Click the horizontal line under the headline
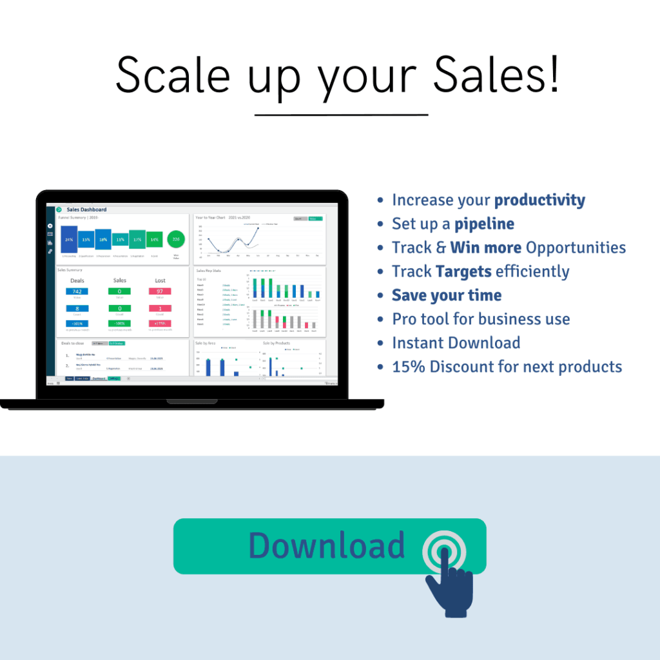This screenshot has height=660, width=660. click(x=341, y=115)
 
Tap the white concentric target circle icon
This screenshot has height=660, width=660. click(x=443, y=552)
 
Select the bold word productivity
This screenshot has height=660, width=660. click(x=539, y=200)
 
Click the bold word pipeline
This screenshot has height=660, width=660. click(x=484, y=224)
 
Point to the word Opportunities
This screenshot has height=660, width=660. click(x=576, y=247)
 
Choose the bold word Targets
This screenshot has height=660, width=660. click(x=464, y=271)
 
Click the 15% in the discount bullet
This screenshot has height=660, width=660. click(x=408, y=367)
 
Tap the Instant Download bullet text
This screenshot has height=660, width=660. click(x=456, y=343)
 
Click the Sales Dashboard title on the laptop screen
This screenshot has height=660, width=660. click(x=86, y=209)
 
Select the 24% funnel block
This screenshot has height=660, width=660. click(x=69, y=239)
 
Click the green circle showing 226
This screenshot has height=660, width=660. click(x=175, y=240)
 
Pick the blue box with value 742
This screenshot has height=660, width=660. click(x=77, y=291)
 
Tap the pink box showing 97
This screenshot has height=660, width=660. click(x=160, y=291)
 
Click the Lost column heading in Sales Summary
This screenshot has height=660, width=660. click(x=160, y=280)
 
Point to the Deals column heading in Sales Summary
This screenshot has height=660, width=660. click(x=77, y=280)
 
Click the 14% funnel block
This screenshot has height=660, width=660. click(x=154, y=240)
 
